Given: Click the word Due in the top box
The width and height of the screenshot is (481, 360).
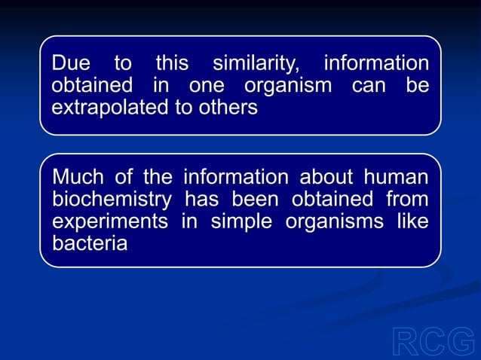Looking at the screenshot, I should click(70, 63).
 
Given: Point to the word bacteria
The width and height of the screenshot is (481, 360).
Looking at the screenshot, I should click(89, 244).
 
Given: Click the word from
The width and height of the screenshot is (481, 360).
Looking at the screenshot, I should click(407, 200).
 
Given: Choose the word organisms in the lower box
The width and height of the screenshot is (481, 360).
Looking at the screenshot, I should click(338, 222).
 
